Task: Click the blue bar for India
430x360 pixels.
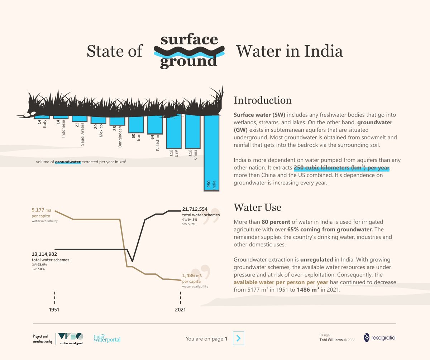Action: pyautogui.click(x=211, y=153)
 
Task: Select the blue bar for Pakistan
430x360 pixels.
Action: pyautogui.click(x=155, y=125)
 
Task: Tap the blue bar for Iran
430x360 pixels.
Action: pyautogui.click(x=136, y=125)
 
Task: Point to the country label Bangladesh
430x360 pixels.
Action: pyautogui.click(x=120, y=137)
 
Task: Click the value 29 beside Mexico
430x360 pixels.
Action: pyautogui.click(x=96, y=126)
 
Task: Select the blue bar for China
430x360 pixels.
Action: pyautogui.click(x=193, y=132)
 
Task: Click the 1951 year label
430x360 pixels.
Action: pyautogui.click(x=54, y=309)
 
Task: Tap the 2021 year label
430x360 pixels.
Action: pyautogui.click(x=180, y=309)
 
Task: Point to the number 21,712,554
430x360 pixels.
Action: pyautogui.click(x=195, y=209)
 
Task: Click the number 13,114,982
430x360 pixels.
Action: pyautogui.click(x=44, y=254)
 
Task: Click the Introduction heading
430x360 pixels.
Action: pyautogui.click(x=263, y=100)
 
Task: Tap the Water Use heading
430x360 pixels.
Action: pyautogui.click(x=257, y=207)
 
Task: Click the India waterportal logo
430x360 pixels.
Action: pyautogui.click(x=107, y=338)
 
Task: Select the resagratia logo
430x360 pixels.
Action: pyautogui.click(x=379, y=338)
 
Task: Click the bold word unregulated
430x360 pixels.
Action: pyautogui.click(x=316, y=260)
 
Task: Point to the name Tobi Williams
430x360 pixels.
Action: pyautogui.click(x=331, y=340)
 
